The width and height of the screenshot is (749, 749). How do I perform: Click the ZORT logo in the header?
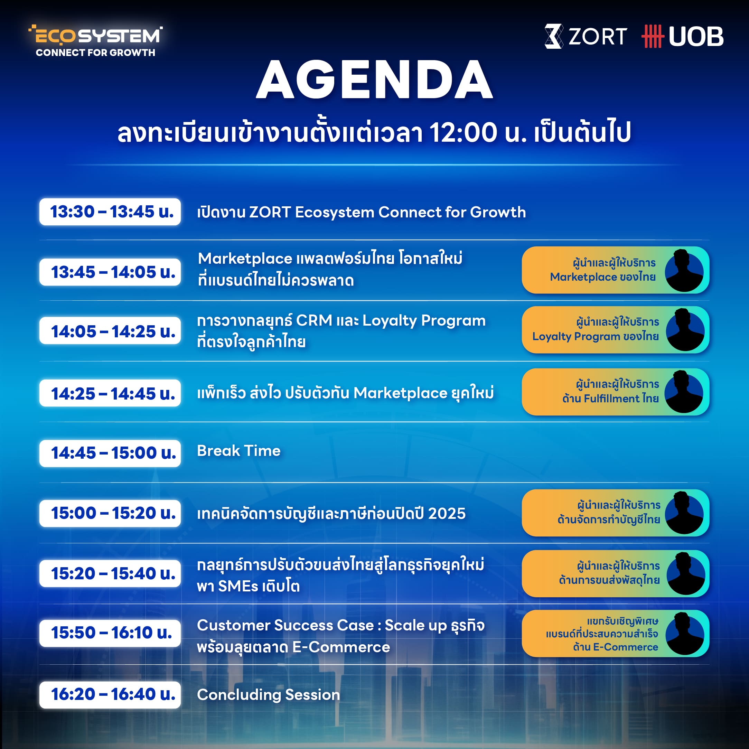(x=586, y=36)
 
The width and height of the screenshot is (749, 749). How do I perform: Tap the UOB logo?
(x=682, y=36)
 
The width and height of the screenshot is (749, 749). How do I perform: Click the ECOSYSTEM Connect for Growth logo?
(x=95, y=41)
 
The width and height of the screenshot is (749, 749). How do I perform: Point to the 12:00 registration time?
(x=463, y=132)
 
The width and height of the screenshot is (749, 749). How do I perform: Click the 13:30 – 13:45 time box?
(x=110, y=212)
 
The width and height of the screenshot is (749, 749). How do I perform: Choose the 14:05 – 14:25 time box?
(x=110, y=331)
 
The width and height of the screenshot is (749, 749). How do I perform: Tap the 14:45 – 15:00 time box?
(x=110, y=453)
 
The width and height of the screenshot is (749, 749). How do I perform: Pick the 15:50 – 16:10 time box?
(x=110, y=633)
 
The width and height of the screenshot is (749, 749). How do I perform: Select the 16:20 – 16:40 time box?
(x=110, y=694)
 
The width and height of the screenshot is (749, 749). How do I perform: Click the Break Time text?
(x=239, y=451)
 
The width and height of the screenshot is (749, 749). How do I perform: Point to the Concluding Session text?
(x=268, y=695)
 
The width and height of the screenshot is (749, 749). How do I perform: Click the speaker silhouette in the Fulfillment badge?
(x=684, y=392)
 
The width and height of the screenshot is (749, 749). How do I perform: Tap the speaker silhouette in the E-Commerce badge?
(x=685, y=634)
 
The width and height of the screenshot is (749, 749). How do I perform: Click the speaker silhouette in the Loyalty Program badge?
(x=685, y=330)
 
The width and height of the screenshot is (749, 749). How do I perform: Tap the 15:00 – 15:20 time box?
(x=110, y=513)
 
